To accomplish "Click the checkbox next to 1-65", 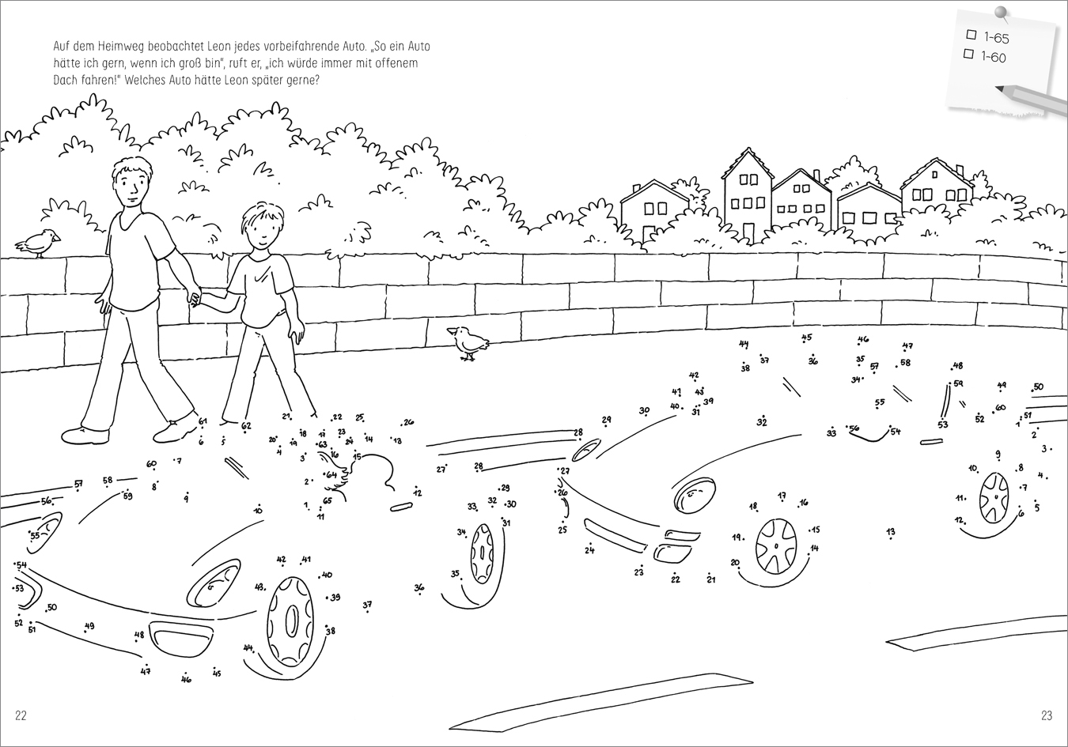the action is (971, 34).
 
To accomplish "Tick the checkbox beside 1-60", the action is (968, 54).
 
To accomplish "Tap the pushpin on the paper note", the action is (1002, 13).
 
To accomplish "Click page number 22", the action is (21, 715).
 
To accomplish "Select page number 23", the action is (1046, 715).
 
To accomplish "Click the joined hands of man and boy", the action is (195, 299).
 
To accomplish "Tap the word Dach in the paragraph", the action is (64, 80).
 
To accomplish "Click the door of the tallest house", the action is (748, 233).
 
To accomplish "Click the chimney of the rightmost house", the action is (960, 170).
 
